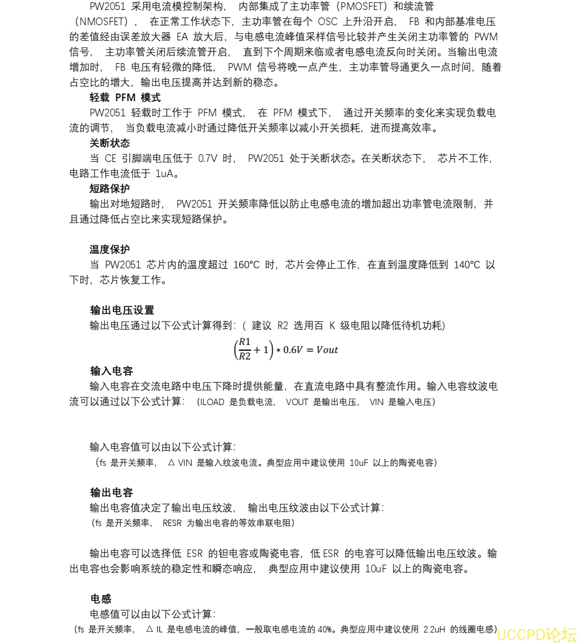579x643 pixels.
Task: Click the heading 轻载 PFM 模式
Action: pos(125,97)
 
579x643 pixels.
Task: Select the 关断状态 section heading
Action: pos(109,143)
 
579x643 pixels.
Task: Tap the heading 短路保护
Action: pos(109,188)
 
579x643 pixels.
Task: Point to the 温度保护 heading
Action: pos(109,249)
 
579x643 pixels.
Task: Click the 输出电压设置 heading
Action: pos(122,310)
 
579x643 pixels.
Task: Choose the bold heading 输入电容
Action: pos(112,371)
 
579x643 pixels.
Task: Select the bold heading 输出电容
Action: pos(112,492)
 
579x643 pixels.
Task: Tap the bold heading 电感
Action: pos(100,599)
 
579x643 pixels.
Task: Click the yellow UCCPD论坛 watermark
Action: pos(537,634)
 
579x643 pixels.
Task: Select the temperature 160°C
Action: pos(246,265)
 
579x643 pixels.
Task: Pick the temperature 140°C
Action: pos(466,265)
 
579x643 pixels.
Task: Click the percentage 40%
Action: pos(325,630)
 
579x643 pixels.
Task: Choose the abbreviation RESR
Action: pos(172,523)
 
